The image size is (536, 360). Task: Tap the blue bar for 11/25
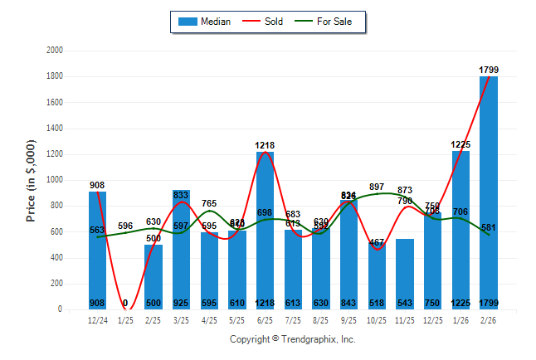coord(405,274)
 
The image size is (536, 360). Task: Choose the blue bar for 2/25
coord(153,277)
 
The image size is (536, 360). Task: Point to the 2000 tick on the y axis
coord(56,51)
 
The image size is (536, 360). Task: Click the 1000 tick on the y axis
coord(56,180)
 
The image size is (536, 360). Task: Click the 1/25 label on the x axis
coord(125,319)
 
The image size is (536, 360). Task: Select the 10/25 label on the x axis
coord(377,319)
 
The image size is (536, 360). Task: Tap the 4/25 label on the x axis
coord(209,319)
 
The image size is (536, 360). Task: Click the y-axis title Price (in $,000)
coord(32,180)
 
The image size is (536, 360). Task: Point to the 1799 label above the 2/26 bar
coord(489,70)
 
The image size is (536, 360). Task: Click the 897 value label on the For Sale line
coord(377,187)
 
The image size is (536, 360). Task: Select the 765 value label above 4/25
coord(209,203)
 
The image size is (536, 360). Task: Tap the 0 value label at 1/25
coord(125,304)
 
